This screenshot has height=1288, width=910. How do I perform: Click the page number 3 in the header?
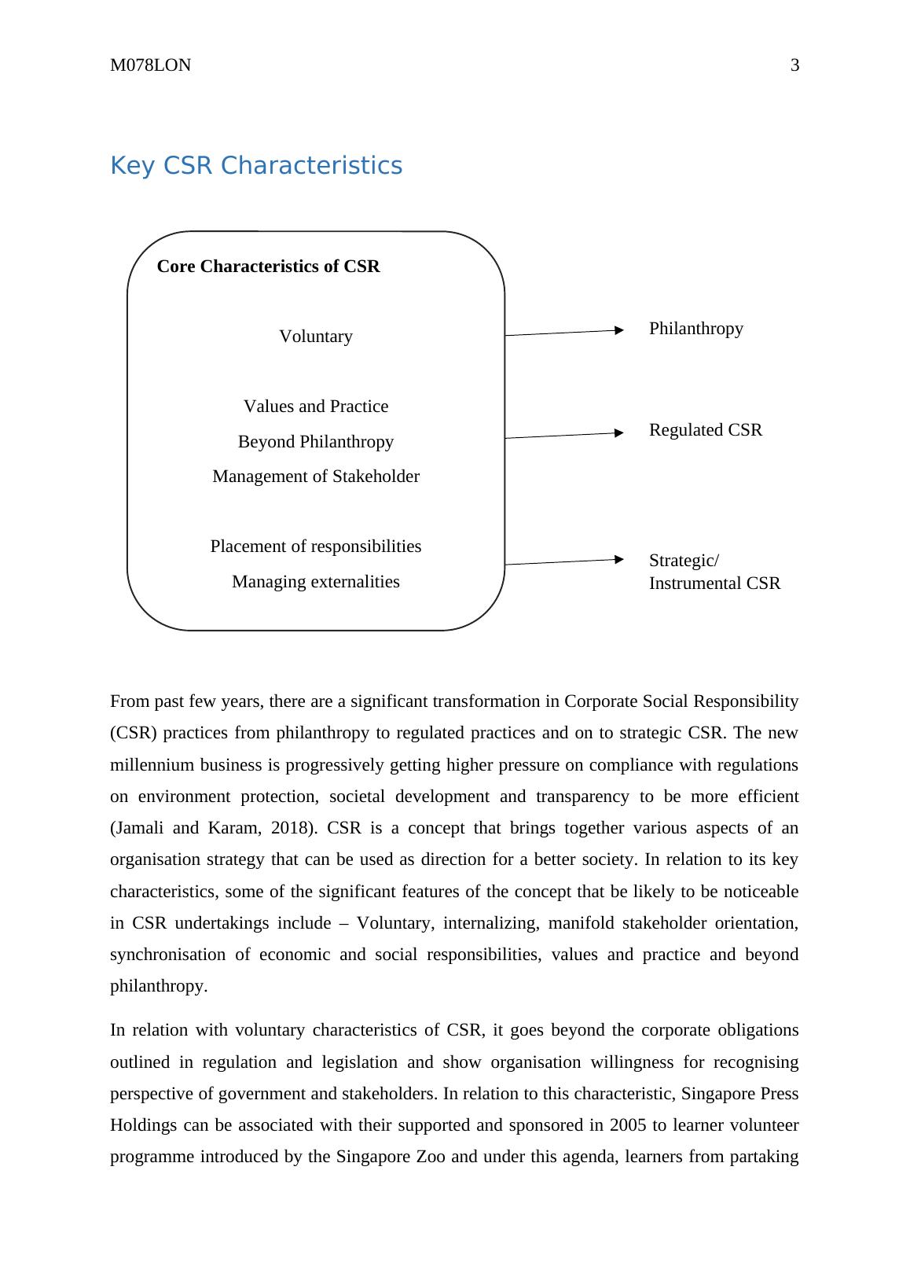click(x=794, y=65)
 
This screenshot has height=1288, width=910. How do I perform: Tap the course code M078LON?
click(x=150, y=65)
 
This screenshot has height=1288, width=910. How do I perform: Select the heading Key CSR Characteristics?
click(x=256, y=166)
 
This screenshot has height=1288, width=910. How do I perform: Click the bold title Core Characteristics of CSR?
click(x=268, y=267)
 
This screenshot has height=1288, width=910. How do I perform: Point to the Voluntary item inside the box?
click(x=316, y=337)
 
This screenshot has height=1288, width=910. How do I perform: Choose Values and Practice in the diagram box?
click(x=316, y=407)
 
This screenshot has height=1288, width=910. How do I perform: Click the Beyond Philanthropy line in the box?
click(x=316, y=442)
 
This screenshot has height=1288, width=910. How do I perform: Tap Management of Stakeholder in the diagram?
click(x=316, y=477)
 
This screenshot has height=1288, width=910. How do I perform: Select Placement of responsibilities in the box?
click(x=316, y=546)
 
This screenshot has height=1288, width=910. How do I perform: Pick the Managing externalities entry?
click(x=316, y=582)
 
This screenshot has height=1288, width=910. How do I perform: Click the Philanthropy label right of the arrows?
click(x=695, y=329)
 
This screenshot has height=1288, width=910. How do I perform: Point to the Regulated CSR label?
click(x=705, y=430)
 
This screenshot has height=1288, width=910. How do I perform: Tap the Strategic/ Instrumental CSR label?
click(x=714, y=572)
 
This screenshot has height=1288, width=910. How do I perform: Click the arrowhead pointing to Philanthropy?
click(x=619, y=331)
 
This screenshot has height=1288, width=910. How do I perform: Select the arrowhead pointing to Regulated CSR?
click(x=619, y=432)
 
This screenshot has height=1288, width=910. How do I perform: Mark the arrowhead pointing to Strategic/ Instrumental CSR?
click(x=619, y=560)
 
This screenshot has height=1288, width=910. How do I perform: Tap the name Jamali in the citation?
click(x=138, y=828)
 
